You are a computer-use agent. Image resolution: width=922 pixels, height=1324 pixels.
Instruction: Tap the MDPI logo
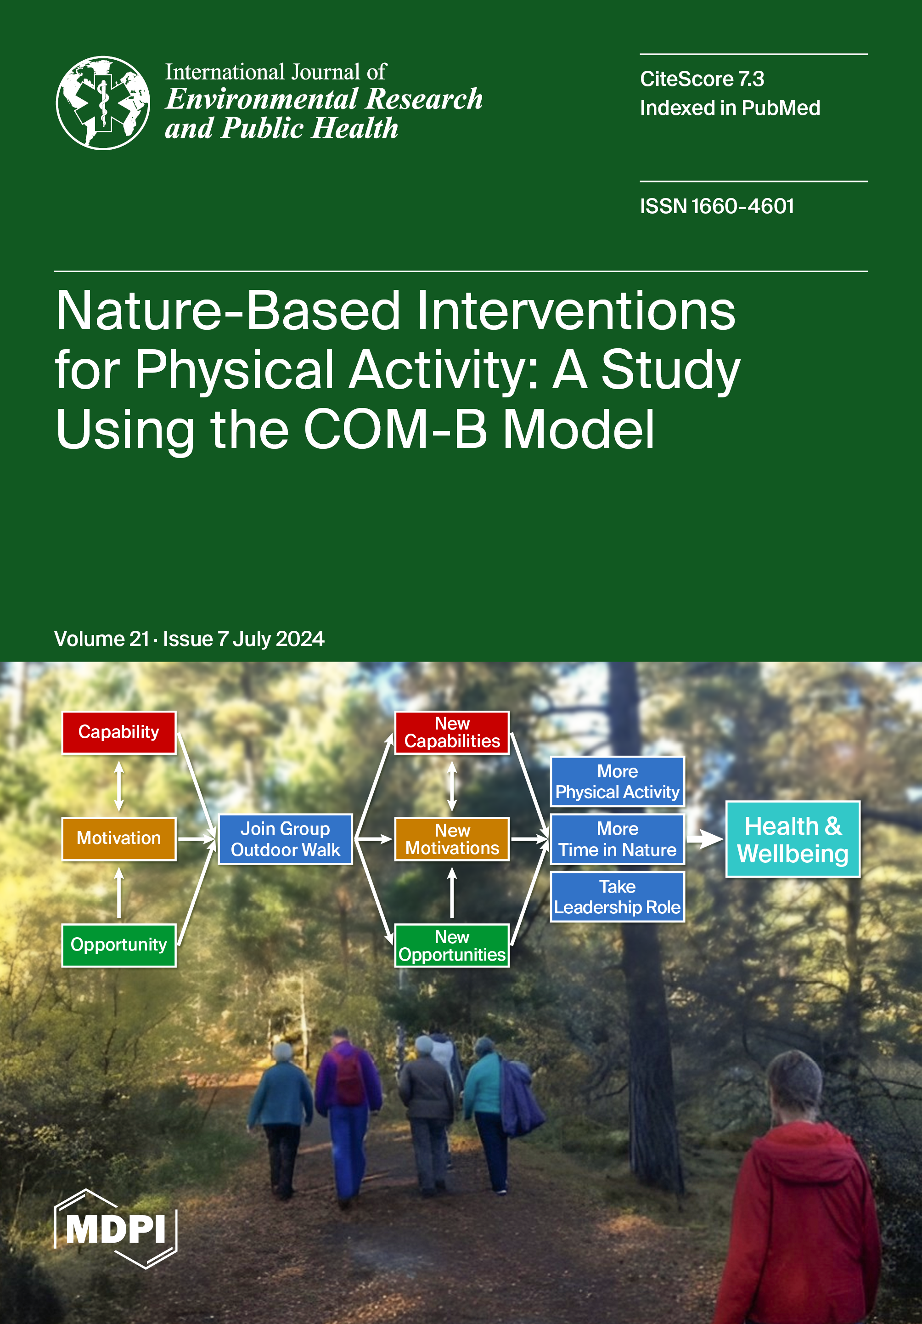(116, 1228)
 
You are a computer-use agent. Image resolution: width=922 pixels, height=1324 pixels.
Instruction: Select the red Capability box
(119, 732)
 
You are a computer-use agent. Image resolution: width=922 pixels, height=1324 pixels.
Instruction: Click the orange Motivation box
(119, 838)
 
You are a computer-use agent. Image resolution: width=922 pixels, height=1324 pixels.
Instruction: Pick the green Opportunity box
(119, 945)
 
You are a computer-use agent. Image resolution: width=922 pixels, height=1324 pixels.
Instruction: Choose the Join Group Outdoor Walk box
(285, 839)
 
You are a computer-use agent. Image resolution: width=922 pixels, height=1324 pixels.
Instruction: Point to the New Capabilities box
(452, 732)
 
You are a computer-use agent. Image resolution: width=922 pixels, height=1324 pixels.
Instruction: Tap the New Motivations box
(452, 839)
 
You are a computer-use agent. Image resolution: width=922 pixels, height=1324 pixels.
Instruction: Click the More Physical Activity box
(617, 781)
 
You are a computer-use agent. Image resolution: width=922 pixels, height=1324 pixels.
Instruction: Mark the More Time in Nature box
(617, 839)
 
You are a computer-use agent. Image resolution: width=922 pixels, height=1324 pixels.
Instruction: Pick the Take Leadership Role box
(617, 897)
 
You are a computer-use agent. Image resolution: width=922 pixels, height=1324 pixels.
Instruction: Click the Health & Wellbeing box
(793, 839)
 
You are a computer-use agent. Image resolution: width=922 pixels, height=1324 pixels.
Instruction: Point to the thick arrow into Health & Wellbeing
(705, 839)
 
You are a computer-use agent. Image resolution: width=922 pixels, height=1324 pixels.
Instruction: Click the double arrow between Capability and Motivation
(119, 786)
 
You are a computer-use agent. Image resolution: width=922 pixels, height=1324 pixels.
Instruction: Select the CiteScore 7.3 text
(702, 79)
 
